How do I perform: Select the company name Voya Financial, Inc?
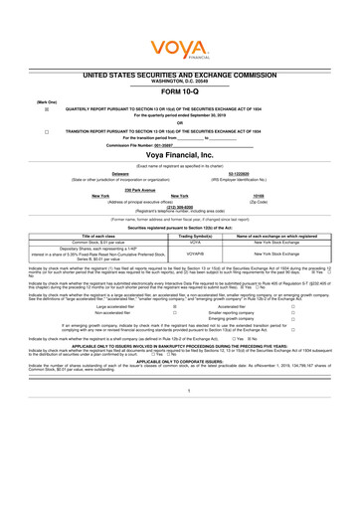[180, 156]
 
